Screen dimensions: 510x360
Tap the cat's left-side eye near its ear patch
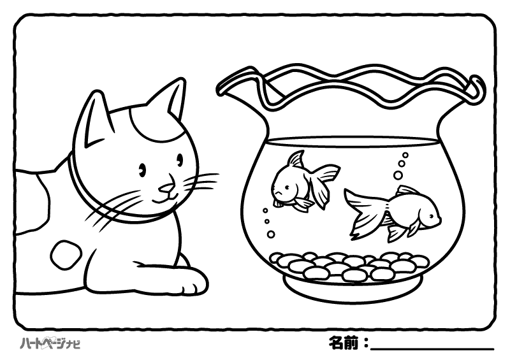142,169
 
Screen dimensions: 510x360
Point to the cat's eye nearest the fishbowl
180,160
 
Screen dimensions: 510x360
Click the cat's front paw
192,280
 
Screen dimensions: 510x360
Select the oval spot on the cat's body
66,255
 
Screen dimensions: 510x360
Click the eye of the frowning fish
287,187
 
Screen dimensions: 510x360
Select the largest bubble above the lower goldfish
398,176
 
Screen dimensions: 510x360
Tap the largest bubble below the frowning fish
270,234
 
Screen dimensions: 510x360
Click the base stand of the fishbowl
353,288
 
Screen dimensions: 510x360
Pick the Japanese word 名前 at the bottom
344,343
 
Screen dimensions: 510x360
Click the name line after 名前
432,350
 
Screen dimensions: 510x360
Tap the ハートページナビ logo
50,343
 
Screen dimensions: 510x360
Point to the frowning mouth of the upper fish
278,194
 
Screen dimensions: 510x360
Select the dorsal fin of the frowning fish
295,160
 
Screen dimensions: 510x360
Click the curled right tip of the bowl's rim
477,87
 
